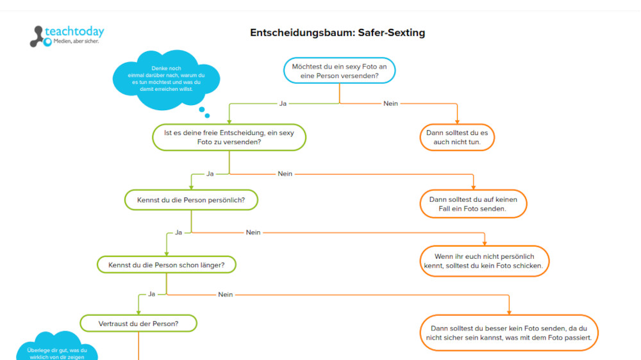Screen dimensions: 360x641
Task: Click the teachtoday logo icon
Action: click(x=39, y=37)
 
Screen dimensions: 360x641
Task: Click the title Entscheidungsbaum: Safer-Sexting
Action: click(x=337, y=33)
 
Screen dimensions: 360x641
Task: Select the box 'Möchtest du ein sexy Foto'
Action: click(x=339, y=70)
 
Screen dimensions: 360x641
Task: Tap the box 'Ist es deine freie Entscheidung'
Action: click(x=229, y=137)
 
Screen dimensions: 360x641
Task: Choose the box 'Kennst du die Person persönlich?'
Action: click(x=191, y=200)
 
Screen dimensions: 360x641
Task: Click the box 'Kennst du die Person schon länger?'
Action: click(x=166, y=264)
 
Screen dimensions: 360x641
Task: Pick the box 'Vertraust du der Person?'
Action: click(x=138, y=323)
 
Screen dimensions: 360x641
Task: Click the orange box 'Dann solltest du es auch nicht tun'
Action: click(x=457, y=137)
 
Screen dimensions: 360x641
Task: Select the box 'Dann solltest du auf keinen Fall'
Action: click(x=473, y=204)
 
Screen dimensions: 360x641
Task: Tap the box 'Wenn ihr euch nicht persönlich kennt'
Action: click(x=484, y=261)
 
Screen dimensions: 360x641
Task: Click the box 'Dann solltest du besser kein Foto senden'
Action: click(x=510, y=332)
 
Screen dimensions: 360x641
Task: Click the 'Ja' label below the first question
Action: click(x=283, y=103)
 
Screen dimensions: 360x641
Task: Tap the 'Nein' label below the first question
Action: click(x=390, y=103)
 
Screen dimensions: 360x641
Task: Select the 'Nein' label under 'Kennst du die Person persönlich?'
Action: click(x=253, y=233)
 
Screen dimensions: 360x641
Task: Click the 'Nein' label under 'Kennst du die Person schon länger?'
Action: click(x=225, y=295)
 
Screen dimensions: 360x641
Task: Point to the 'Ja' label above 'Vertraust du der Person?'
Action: click(x=152, y=294)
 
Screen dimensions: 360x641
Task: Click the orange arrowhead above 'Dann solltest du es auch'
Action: click(x=457, y=121)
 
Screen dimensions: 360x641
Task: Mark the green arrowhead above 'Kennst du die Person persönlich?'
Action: click(x=191, y=186)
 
